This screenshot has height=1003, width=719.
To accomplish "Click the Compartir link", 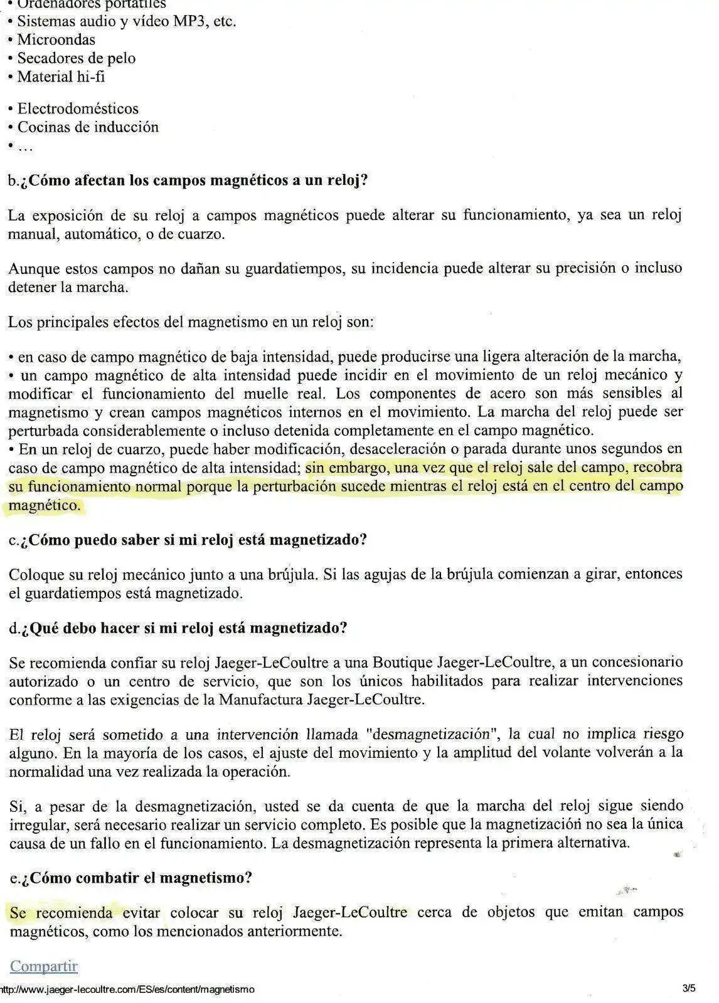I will pos(44,966).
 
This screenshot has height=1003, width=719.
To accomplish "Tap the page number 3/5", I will pos(689,989).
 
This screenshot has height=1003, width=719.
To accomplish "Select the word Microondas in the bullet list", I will pos(56,39).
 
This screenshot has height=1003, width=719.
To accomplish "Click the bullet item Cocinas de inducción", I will pos(88,127).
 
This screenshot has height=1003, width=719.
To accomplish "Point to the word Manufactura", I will pos(261,700).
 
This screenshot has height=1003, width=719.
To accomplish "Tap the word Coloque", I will pos(35,574).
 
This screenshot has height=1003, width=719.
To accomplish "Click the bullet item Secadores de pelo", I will pos(77,58).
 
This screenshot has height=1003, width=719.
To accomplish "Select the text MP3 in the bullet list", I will pos(191,21).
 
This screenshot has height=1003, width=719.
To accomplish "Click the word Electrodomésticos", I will pos(78,108).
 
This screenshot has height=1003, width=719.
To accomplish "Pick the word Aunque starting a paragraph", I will pos(31,269).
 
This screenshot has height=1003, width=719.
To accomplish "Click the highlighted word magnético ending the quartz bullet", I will pos(45,505).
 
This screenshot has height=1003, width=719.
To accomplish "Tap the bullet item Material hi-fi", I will pos(61,77).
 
